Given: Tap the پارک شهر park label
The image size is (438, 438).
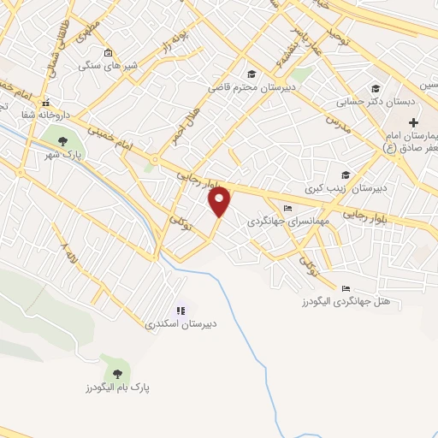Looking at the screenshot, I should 62,156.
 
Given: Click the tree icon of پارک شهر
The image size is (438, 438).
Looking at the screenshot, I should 62,141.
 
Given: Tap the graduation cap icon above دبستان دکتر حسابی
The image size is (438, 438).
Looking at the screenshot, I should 375,88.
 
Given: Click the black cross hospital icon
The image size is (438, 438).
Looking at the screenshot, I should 413,123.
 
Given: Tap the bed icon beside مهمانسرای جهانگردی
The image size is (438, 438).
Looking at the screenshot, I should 287,208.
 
